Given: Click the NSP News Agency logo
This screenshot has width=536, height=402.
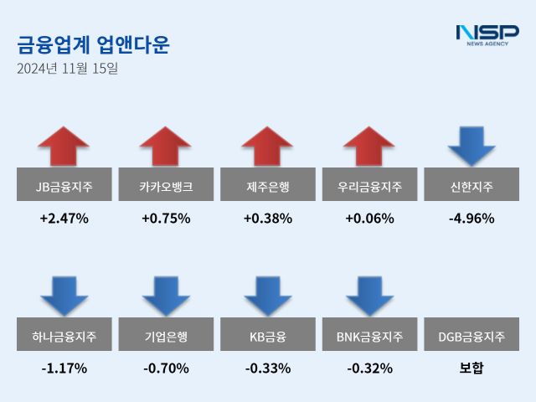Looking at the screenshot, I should (x=487, y=34).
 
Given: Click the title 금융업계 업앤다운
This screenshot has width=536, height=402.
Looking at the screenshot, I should (x=92, y=44).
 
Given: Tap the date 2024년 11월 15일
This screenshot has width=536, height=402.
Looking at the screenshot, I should (x=67, y=69).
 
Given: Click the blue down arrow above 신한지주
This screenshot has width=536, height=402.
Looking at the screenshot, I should (x=472, y=146).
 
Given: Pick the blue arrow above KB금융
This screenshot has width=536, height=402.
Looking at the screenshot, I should (x=268, y=296).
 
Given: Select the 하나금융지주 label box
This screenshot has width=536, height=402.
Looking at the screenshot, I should (x=64, y=337).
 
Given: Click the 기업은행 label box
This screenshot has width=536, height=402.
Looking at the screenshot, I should (x=166, y=337).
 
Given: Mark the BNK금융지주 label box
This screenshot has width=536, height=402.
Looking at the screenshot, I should (x=369, y=337).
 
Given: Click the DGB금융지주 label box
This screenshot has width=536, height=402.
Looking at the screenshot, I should (x=472, y=337).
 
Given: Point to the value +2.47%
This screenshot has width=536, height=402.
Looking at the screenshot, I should (x=64, y=219).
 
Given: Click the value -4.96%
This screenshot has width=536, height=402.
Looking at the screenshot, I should (x=472, y=219).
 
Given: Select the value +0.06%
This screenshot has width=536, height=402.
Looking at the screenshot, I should (x=369, y=219).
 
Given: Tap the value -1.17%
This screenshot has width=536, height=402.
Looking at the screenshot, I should (x=64, y=368).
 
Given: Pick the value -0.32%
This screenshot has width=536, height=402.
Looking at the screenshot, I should (x=369, y=368).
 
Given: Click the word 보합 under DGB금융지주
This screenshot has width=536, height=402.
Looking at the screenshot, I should (x=472, y=368).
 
